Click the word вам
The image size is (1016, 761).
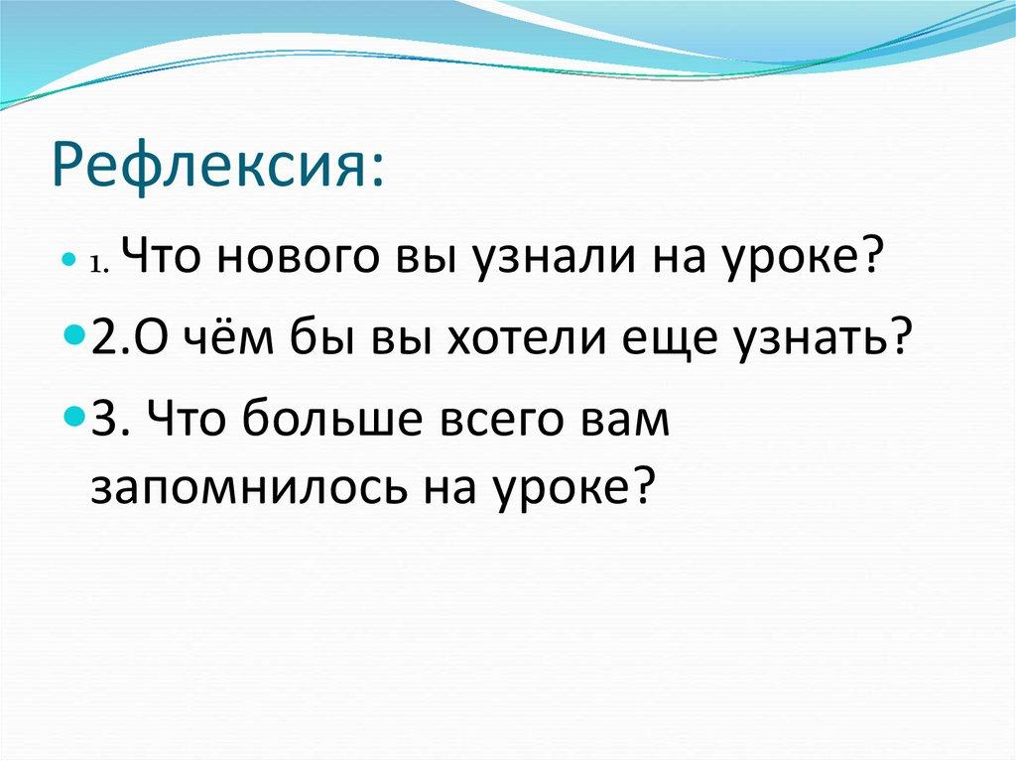click(x=626, y=421)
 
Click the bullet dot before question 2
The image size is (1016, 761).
click(x=78, y=338)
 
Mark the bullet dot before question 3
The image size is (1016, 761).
click(x=78, y=416)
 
